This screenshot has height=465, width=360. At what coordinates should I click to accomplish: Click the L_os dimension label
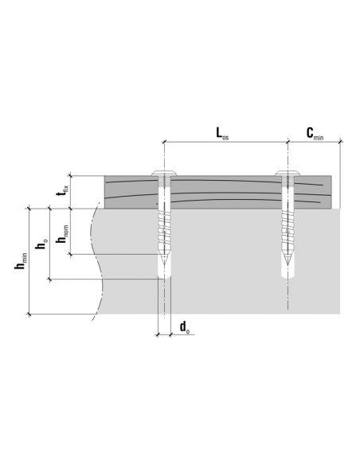pos(222,134)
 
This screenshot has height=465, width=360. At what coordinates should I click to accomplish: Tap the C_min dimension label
pos(315,134)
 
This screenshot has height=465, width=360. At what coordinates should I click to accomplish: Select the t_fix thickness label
pos(63,190)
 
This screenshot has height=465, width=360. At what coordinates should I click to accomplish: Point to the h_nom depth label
pos(62,234)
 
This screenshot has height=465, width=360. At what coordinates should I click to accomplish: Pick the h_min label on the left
pos(21,261)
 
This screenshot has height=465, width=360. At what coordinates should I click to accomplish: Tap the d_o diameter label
pos(185,328)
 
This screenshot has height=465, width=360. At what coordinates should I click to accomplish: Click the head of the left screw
pos(165,174)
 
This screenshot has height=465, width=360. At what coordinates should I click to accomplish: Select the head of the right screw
pos(288,174)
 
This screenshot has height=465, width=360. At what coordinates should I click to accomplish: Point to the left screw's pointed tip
pos(164,265)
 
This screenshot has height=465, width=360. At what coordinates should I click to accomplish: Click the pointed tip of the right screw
pos(287,265)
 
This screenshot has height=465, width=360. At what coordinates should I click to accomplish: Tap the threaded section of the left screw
pos(164,230)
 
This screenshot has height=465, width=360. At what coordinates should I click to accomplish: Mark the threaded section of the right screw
pos(287,230)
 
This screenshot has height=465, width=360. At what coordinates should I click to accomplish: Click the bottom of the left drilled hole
pos(164,279)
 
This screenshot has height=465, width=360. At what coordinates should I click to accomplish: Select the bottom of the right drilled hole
pos(288,279)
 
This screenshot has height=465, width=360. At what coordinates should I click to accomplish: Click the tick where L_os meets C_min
pos(288,142)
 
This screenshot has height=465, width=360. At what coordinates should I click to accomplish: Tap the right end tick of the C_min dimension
pos(340,142)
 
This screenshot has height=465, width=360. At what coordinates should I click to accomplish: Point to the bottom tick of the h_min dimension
pos(29,314)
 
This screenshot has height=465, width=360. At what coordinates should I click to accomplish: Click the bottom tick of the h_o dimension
pos(49,279)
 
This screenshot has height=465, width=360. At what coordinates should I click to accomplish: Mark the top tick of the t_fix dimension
pos(71,175)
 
